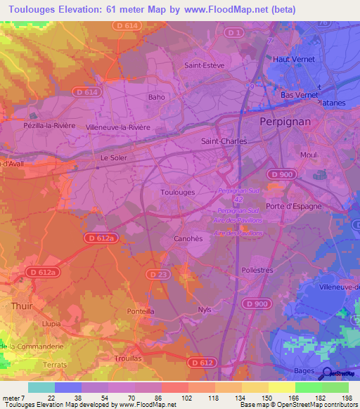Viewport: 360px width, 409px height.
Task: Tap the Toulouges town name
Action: pos(177,191)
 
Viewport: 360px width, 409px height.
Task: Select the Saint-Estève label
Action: pos(204,65)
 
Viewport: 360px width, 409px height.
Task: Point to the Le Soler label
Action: pos(113,158)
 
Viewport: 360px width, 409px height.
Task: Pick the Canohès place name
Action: pos(188,238)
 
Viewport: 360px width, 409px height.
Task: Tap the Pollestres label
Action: pos(257,270)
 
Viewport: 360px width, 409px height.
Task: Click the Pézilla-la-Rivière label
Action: pos(45,123)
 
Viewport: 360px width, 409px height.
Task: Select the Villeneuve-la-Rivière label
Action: pos(117,127)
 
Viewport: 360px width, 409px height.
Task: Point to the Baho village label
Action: pos(156,97)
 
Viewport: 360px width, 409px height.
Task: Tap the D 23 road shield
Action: pos(159,273)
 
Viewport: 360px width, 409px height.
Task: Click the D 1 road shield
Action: pos(236,33)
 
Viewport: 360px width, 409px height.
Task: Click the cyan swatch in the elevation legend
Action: pos(41,387)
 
